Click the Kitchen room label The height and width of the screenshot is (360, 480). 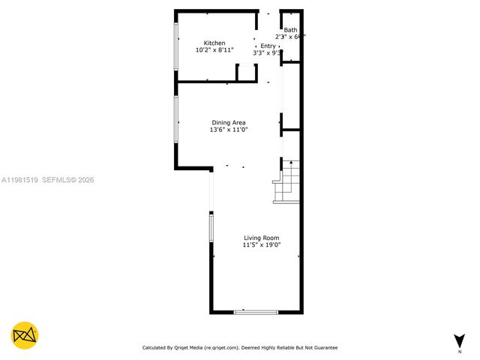click(215, 43)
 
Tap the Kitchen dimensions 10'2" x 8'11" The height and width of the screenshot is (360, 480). click(215, 50)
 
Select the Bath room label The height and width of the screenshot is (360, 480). click(290, 30)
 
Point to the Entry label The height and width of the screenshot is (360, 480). click(268, 46)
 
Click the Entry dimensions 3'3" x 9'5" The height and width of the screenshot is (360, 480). click(267, 52)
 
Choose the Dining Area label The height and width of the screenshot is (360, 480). click(229, 123)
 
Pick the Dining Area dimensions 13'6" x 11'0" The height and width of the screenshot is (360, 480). click(229, 130)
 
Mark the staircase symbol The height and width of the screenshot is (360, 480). click(288, 181)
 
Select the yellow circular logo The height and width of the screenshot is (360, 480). click(25, 335)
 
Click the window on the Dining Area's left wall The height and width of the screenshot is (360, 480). click(176, 123)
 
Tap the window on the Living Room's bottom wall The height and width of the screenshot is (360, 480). click(256, 311)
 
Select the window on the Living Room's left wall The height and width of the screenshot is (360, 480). click(211, 228)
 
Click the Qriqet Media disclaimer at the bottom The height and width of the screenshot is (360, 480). click(240, 347)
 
